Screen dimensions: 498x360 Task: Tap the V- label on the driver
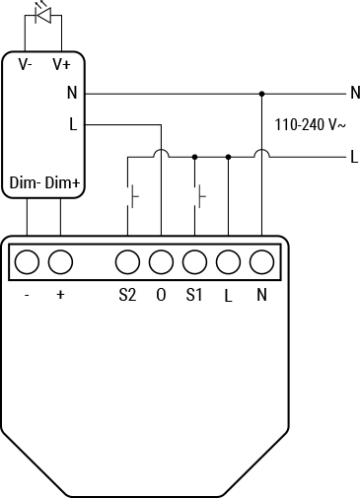pyautogui.click(x=26, y=64)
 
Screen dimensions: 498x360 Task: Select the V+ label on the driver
pyautogui.click(x=61, y=64)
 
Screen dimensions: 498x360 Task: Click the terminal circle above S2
pyautogui.click(x=127, y=262)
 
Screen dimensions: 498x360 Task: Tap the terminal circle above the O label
pyautogui.click(x=161, y=262)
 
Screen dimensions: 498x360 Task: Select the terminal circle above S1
pyautogui.click(x=194, y=262)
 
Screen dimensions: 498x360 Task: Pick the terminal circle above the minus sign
pyautogui.click(x=27, y=262)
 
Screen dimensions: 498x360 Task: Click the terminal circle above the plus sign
pyautogui.click(x=60, y=262)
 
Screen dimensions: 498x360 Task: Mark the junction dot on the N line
pyautogui.click(x=261, y=94)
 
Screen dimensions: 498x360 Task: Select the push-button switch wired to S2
pyautogui.click(x=130, y=196)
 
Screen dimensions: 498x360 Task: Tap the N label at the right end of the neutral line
pyautogui.click(x=354, y=94)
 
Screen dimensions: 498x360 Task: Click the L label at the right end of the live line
pyautogui.click(x=353, y=156)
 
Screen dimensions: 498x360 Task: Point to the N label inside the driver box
pyautogui.click(x=73, y=94)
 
